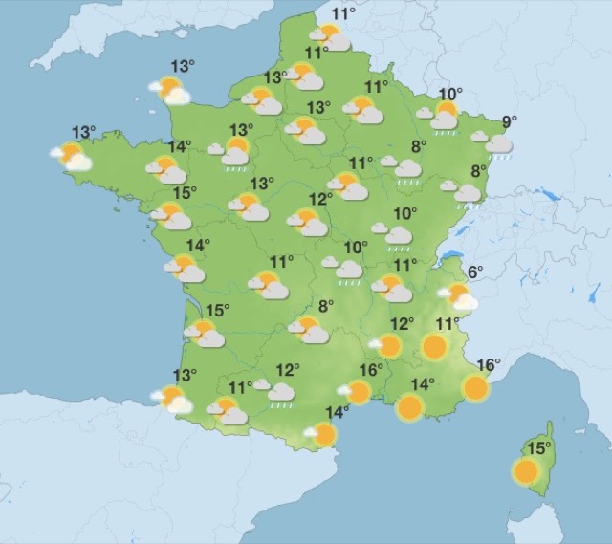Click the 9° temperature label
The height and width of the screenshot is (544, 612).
click(x=509, y=122)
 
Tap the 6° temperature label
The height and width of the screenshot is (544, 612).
click(x=475, y=272)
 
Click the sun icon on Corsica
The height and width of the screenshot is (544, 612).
click(x=525, y=470)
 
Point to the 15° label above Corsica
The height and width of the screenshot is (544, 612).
click(x=540, y=448)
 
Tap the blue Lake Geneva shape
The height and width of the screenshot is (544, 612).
click(x=449, y=256)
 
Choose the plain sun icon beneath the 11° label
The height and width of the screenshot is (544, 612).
click(x=435, y=346)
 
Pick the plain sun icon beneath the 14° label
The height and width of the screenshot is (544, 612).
click(x=410, y=407)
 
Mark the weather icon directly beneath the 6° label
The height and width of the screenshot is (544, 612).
click(x=459, y=297)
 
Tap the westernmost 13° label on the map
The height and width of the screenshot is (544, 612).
click(x=84, y=133)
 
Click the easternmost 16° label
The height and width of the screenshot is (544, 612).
click(x=488, y=364)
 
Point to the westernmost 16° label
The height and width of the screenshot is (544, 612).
click(x=371, y=370)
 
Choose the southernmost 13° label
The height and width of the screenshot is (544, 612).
click(x=184, y=375)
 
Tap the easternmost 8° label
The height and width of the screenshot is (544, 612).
click(x=480, y=172)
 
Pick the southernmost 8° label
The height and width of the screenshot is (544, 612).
click(x=326, y=307)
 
